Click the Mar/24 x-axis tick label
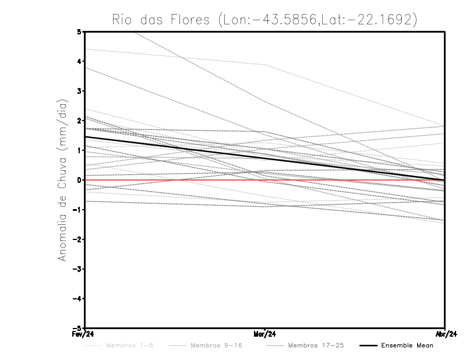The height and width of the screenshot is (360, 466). pos(264,334)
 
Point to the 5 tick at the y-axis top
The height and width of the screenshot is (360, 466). pos(79,31)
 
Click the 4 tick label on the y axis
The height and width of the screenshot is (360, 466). pos(79,61)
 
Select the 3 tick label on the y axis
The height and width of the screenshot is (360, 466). pos(79,91)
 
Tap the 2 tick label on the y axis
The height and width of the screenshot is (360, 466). pos(79,121)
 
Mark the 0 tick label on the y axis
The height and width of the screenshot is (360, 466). pos(79,180)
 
